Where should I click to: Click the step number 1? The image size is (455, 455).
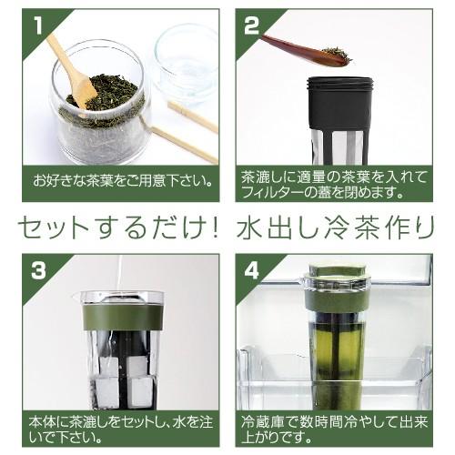(38, 25)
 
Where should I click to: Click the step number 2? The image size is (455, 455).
(252, 25)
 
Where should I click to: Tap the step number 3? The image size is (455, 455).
(38, 270)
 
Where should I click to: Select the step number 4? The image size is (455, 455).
(252, 270)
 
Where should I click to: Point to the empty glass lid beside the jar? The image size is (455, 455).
(187, 62)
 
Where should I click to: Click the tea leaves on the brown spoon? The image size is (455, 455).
(337, 54)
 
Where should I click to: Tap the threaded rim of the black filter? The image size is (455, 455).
(339, 83)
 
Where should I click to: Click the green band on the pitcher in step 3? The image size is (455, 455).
(123, 317)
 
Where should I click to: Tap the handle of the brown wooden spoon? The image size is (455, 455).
(288, 48)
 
